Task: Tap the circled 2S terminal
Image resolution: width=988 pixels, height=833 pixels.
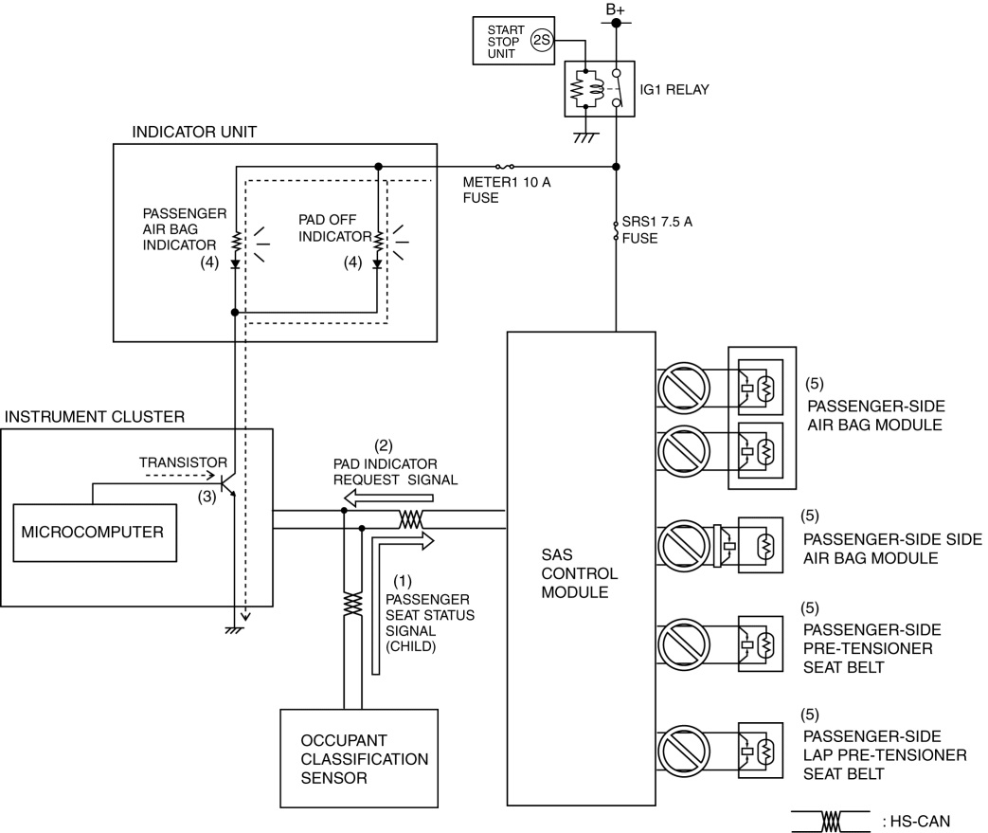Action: (x=541, y=41)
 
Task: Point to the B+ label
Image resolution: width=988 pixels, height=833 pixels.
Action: (x=615, y=9)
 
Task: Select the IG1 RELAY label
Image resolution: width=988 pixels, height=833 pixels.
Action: (x=674, y=89)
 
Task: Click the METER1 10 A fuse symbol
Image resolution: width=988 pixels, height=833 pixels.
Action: (x=505, y=167)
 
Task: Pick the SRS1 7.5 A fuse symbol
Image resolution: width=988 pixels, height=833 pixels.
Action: (x=616, y=230)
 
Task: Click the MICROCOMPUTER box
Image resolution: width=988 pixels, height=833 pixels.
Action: (x=95, y=533)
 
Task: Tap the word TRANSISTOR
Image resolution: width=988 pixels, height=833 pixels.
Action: (x=183, y=462)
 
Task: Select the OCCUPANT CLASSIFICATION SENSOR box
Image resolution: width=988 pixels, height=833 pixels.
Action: (x=359, y=758)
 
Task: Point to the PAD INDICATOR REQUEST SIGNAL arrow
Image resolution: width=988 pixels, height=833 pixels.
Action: (x=388, y=498)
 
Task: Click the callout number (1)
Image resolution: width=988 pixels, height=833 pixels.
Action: (x=402, y=581)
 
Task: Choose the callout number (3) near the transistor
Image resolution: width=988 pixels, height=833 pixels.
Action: (x=207, y=497)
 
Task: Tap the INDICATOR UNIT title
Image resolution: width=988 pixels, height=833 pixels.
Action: (x=194, y=132)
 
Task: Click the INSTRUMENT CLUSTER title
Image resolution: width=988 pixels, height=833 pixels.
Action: (x=95, y=417)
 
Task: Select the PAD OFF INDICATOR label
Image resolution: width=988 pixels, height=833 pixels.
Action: (x=335, y=227)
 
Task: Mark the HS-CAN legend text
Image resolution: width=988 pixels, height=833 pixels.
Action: (x=917, y=821)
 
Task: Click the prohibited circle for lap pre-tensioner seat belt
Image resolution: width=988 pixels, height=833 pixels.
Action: (x=684, y=751)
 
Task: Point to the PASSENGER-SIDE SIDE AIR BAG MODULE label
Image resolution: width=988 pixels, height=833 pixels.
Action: (x=892, y=549)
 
